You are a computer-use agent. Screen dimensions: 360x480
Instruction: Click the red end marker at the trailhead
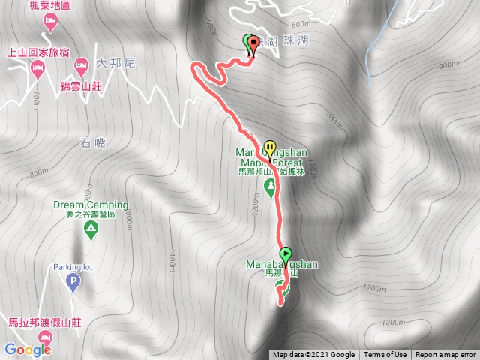pos(253,43)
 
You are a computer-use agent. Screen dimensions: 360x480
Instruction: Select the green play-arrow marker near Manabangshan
pos(286,253)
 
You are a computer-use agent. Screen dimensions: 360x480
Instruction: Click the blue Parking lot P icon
pos(73,283)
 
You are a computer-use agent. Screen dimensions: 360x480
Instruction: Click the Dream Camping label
pos(91,205)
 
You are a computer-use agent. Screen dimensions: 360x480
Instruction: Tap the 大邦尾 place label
pos(115,64)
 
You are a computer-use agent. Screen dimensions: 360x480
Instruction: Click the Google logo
pos(27,349)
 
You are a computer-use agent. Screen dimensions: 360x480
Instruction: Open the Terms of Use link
pos(385,355)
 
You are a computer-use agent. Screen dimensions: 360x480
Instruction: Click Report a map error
pos(445,355)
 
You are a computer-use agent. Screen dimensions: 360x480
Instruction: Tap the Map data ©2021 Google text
pos(313,355)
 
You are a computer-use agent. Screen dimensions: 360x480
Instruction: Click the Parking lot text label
pos(72,267)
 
